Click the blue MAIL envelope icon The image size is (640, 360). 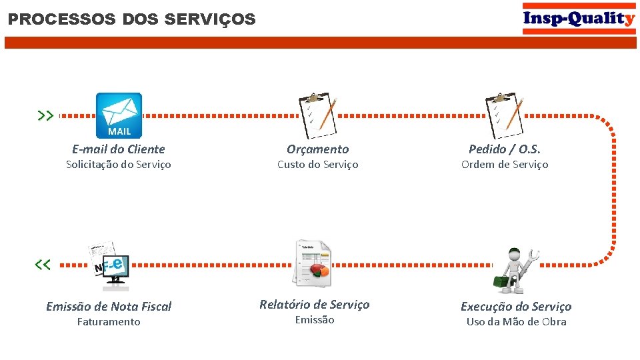(x=119, y=115)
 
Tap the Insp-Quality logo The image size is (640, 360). (x=579, y=18)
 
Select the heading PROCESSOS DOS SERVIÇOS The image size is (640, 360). (x=132, y=19)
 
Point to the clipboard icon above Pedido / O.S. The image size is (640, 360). (x=505, y=111)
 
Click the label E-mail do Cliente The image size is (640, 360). (x=119, y=149)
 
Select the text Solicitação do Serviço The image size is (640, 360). (x=119, y=165)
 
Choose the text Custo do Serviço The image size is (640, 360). (x=318, y=165)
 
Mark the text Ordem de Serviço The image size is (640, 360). (x=505, y=165)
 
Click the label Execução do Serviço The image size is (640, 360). (x=516, y=307)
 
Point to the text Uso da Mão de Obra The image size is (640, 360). (x=516, y=322)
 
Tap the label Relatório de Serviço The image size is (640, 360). (x=314, y=305)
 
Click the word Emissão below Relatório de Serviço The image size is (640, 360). (x=314, y=320)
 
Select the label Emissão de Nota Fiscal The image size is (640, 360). (x=109, y=307)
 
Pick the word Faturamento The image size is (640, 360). (x=109, y=322)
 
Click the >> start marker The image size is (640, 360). (x=45, y=115)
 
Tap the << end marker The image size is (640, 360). (x=43, y=265)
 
